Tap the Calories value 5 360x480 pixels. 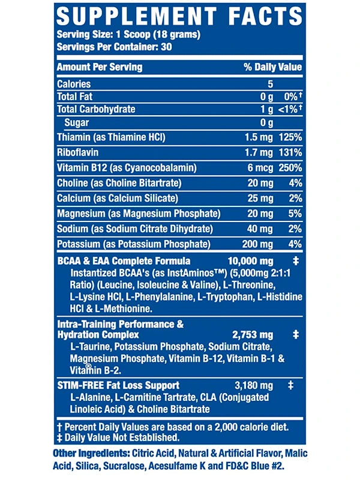pyautogui.click(x=271, y=85)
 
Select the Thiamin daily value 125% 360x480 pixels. pyautogui.click(x=290, y=137)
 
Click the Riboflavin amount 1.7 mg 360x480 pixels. pyautogui.click(x=259, y=152)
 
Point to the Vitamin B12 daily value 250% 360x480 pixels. pyautogui.click(x=290, y=167)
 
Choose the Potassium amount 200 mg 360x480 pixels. pyautogui.click(x=257, y=244)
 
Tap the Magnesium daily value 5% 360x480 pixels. pyautogui.click(x=294, y=214)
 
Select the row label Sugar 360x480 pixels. pyautogui.click(x=76, y=122)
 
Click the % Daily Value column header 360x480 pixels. pyautogui.click(x=272, y=67)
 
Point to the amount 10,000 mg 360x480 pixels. pyautogui.click(x=250, y=261)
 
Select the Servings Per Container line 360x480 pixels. pyautogui.click(x=107, y=47)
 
